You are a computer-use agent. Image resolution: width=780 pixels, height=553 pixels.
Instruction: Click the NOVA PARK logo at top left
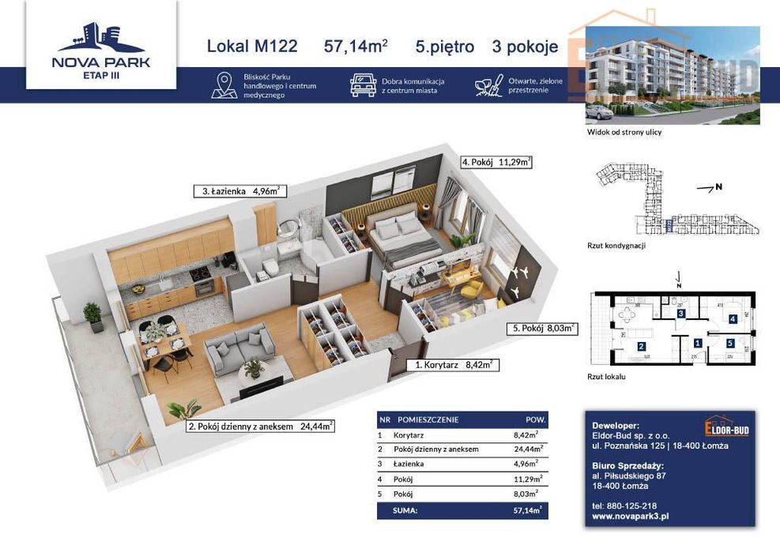pyautogui.click(x=100, y=49)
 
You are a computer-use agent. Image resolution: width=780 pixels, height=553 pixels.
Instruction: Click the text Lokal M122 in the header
pyautogui.click(x=252, y=47)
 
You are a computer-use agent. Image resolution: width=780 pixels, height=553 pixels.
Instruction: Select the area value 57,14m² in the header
pyautogui.click(x=356, y=47)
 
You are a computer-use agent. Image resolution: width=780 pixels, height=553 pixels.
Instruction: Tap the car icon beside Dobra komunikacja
pyautogui.click(x=363, y=85)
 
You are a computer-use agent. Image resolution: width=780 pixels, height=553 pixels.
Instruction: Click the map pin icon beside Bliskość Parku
pyautogui.click(x=224, y=85)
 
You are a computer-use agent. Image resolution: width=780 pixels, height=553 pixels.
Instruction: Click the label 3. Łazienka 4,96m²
pyautogui.click(x=239, y=190)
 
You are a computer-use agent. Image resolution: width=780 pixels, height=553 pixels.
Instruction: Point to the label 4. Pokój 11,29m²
pyautogui.click(x=496, y=163)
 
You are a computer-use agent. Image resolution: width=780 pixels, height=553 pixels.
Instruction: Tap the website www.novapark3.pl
pyautogui.click(x=631, y=516)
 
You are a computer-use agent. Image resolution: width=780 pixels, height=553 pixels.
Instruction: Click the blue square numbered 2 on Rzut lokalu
pyautogui.click(x=641, y=346)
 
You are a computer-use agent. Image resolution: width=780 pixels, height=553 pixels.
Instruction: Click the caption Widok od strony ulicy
pyautogui.click(x=624, y=132)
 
